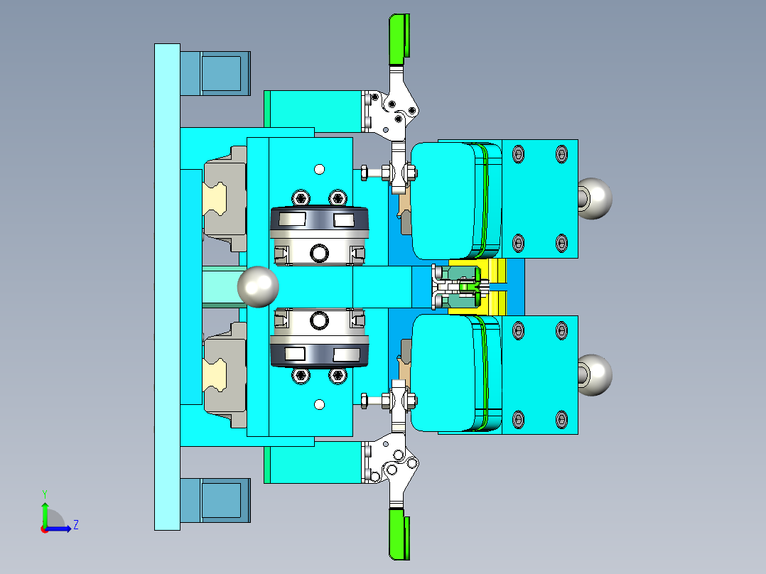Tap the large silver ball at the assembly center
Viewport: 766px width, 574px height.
pyautogui.click(x=257, y=286)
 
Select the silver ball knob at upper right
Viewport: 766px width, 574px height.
pyautogui.click(x=594, y=198)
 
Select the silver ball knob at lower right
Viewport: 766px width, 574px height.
pyautogui.click(x=594, y=374)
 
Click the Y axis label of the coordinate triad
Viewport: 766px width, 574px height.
pyautogui.click(x=44, y=493)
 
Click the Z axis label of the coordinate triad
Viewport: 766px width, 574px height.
pyautogui.click(x=75, y=525)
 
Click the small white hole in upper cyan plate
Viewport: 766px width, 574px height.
pyautogui.click(x=319, y=169)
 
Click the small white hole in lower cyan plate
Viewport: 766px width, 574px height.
pyautogui.click(x=319, y=404)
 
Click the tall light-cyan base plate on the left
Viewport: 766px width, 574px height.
pyautogui.click(x=167, y=286)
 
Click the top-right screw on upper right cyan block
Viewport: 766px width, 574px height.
pyautogui.click(x=561, y=153)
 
